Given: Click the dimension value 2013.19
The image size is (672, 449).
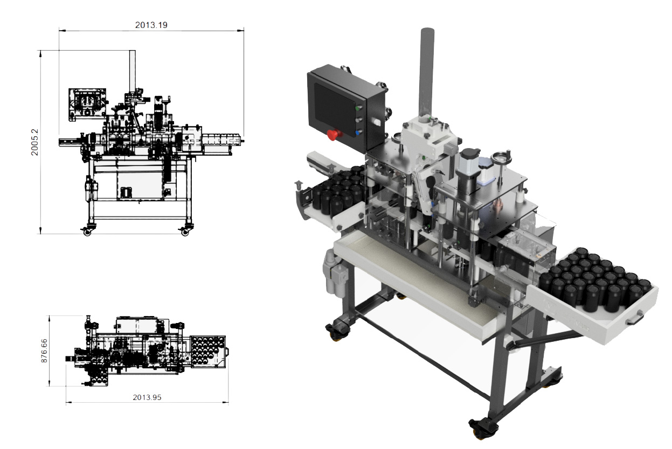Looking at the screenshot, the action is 151,25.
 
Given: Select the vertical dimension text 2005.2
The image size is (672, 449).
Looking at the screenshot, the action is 35,142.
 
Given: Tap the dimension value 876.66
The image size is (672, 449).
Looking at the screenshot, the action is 44,350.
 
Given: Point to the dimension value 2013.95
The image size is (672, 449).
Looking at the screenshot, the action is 147,397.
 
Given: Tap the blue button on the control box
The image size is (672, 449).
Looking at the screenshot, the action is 358,132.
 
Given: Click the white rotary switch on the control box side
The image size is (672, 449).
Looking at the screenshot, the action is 376,122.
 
